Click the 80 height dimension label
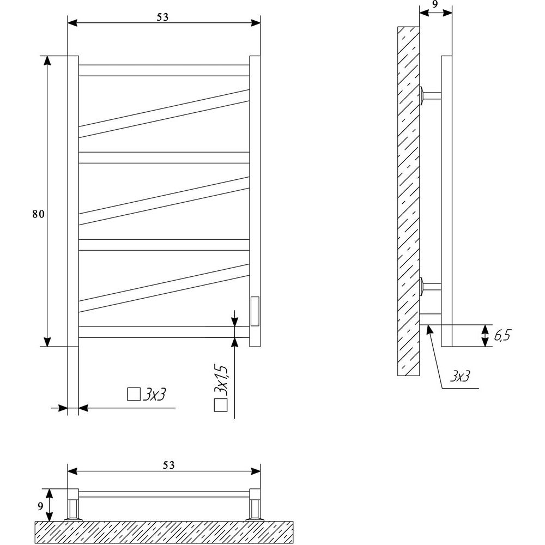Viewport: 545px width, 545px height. (39, 214)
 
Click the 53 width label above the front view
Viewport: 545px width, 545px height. (162, 17)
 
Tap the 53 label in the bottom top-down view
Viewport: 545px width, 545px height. (168, 465)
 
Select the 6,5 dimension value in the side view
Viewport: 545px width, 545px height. (502, 336)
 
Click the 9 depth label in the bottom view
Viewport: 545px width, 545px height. (41, 506)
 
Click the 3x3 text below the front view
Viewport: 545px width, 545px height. (154, 395)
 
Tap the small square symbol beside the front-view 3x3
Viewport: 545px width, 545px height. (134, 394)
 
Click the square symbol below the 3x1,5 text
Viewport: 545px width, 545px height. (221, 405)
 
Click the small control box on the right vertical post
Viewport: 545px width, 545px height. (255, 311)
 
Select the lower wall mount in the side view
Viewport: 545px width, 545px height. (431, 287)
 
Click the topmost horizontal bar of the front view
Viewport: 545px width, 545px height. (164, 70)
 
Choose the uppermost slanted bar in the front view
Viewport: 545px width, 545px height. (164, 114)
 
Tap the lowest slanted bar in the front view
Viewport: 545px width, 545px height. (164, 288)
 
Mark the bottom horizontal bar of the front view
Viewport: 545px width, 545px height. (164, 332)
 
